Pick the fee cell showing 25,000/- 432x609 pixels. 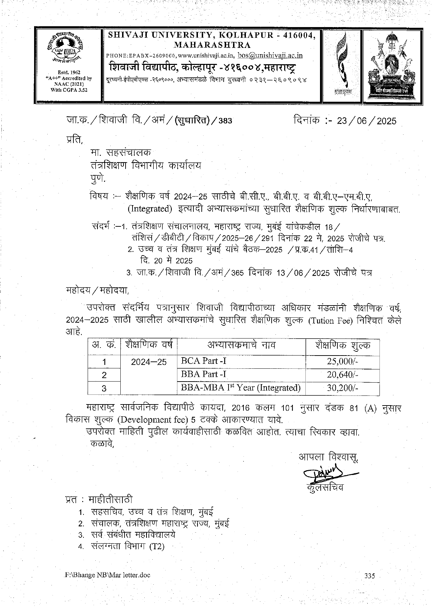pos(342,361)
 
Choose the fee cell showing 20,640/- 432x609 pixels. pos(342,375)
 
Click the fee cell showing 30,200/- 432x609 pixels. pos(342,388)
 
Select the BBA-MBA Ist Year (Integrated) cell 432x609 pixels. pos(240,387)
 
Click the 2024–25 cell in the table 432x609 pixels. pos(149,362)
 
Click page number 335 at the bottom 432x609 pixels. pos(370,576)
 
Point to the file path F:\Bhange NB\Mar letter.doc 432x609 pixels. pos(107,575)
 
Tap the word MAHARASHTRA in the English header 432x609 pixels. pos(212,45)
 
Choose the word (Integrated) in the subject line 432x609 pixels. pos(150,209)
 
